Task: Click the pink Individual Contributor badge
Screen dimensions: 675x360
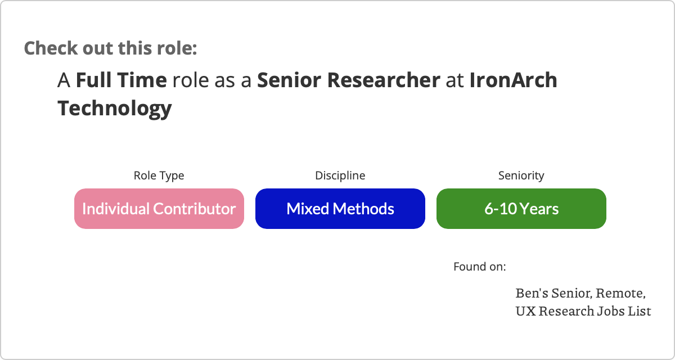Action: click(x=159, y=209)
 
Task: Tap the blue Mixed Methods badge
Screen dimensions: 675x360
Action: click(x=340, y=209)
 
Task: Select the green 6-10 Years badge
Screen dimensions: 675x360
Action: click(x=521, y=209)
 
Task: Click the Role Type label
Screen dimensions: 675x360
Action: click(x=159, y=175)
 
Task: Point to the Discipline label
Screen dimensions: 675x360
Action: click(x=340, y=175)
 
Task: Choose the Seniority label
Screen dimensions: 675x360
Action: click(x=521, y=175)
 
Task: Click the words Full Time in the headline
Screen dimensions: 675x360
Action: click(x=121, y=80)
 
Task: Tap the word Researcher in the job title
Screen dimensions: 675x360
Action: click(x=384, y=80)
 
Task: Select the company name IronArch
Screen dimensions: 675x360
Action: click(x=514, y=80)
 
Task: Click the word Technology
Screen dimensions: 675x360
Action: click(x=115, y=109)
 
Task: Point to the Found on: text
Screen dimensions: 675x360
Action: click(x=480, y=267)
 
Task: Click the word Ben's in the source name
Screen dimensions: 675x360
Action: click(x=532, y=293)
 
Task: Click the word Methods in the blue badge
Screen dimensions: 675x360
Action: click(x=363, y=209)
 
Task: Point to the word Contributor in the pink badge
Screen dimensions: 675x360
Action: click(x=195, y=209)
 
